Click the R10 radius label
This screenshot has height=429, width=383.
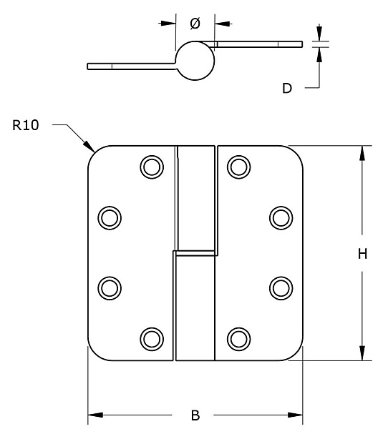pyautogui.click(x=26, y=125)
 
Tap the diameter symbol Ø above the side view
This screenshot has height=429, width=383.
pyautogui.click(x=195, y=24)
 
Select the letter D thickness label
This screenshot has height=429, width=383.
pyautogui.click(x=287, y=89)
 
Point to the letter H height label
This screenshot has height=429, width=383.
pyautogui.click(x=362, y=254)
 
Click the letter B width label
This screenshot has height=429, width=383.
pyautogui.click(x=195, y=415)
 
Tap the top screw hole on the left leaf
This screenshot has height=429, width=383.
pyautogui.click(x=152, y=167)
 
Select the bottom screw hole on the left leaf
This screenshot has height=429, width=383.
pyautogui.click(x=152, y=339)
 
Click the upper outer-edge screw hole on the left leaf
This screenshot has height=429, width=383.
pyautogui.click(x=110, y=218)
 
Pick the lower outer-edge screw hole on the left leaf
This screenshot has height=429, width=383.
pyautogui.click(x=110, y=288)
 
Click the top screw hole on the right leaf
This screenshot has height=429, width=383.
pyautogui.click(x=238, y=167)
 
